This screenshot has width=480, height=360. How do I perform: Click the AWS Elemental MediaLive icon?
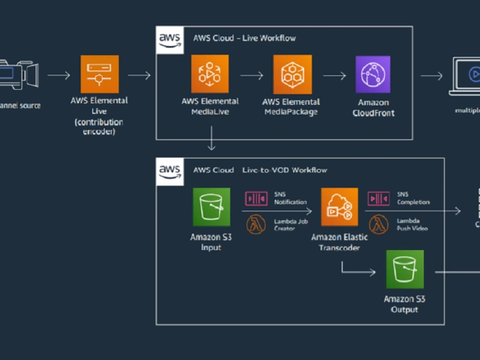[210, 74]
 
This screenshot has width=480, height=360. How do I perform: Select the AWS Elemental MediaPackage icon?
[292, 74]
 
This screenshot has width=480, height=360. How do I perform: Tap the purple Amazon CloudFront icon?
[372, 74]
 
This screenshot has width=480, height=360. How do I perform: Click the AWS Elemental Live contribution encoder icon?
[99, 74]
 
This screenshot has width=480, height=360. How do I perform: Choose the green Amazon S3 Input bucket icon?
[211, 207]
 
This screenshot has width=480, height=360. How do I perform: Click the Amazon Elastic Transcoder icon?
[339, 207]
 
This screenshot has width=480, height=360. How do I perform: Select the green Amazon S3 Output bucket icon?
[405, 269]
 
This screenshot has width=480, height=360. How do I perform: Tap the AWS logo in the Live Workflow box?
[170, 40]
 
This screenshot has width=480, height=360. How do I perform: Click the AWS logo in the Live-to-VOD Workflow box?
[170, 172]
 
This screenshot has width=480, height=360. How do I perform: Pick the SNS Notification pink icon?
[256, 199]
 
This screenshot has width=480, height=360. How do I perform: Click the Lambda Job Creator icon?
[256, 224]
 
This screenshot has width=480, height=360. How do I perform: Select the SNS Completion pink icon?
[379, 199]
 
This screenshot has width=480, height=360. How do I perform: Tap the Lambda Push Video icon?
[379, 224]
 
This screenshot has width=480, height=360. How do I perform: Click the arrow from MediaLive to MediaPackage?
[252, 76]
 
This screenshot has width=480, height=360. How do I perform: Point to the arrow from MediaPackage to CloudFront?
[335, 76]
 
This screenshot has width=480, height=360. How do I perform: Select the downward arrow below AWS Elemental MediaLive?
[211, 139]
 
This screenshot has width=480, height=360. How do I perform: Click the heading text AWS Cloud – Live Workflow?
[244, 38]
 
